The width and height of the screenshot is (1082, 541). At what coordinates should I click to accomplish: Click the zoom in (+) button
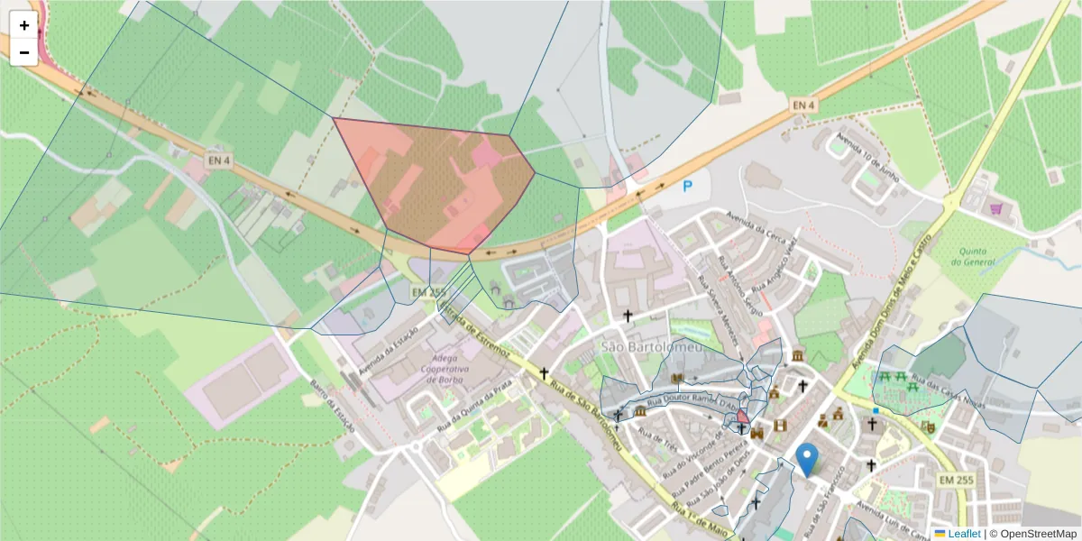coord(24,25)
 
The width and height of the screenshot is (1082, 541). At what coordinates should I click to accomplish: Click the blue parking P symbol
coord(687,187)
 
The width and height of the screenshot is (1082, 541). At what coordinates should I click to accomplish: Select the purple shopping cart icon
coord(996,207)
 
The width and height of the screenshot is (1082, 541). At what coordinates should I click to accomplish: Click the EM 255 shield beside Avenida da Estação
coord(428,293)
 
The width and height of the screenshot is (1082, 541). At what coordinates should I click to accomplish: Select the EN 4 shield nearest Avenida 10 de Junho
coord(803,105)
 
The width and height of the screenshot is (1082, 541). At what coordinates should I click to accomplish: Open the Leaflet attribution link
coord(964,534)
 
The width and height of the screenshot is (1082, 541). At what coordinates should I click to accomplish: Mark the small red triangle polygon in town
coord(742,417)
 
